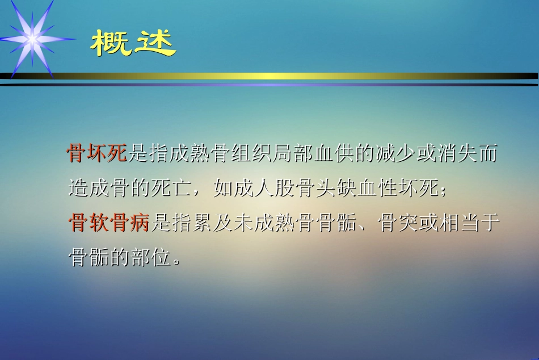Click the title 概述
point(133,44)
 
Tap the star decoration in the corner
point(32,39)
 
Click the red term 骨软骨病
point(109,223)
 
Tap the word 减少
point(398,153)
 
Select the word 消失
point(461,153)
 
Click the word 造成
point(89,188)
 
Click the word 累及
point(212,223)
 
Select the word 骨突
point(399,223)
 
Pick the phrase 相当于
point(471,223)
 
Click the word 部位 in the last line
point(150,258)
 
